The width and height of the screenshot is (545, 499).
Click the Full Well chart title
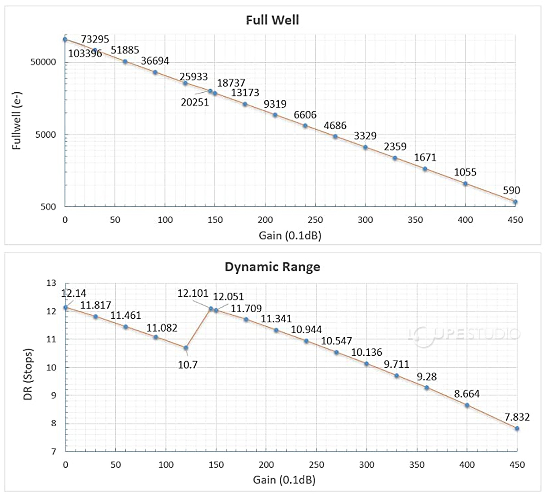point(272,20)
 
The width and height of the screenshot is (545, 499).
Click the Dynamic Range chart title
point(272,267)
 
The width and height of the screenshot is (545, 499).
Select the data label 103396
point(85,54)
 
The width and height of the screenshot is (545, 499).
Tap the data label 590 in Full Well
point(511,190)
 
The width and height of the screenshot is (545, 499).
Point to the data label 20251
point(195,103)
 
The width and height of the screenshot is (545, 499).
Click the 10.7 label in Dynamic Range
point(188,364)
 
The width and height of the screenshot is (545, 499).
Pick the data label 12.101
point(193,293)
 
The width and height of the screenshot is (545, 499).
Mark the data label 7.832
point(517,417)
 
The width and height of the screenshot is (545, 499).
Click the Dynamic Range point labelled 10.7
point(186,348)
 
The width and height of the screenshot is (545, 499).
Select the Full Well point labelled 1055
point(465,184)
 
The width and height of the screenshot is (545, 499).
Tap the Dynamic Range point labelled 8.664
point(467,405)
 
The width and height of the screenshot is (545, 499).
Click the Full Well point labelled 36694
point(155,72)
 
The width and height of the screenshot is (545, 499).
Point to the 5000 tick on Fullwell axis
point(45,135)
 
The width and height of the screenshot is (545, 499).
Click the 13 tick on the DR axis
point(51,283)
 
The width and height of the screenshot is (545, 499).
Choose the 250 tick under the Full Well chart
point(315,220)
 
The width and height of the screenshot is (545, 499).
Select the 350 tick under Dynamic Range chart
point(417,464)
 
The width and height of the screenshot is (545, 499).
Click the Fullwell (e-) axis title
point(17,120)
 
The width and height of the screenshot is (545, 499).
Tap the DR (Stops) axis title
point(28,374)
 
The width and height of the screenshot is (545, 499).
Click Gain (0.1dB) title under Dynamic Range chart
point(284,479)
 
